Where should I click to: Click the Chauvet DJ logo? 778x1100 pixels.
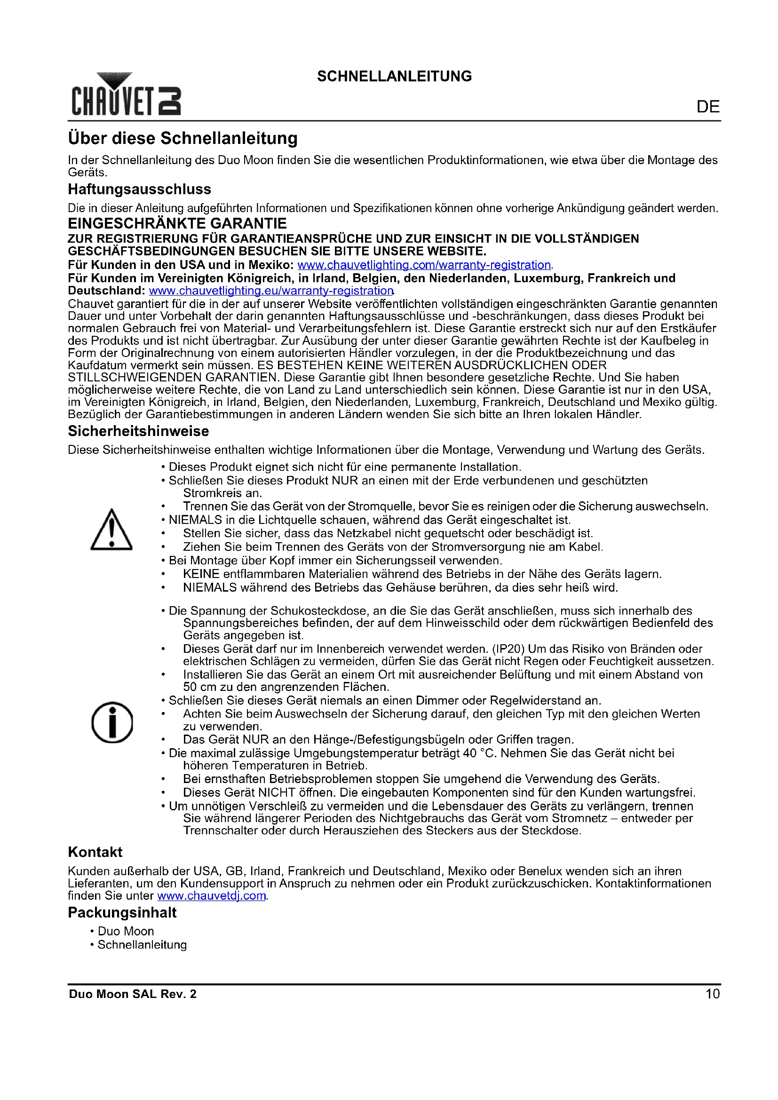click(127, 94)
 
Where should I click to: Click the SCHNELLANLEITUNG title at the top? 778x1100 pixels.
click(394, 76)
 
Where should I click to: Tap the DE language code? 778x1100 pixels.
click(707, 107)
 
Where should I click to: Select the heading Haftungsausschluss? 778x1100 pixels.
click(139, 189)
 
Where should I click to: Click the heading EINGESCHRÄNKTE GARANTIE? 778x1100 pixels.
click(177, 223)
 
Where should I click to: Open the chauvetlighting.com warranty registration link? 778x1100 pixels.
click(424, 265)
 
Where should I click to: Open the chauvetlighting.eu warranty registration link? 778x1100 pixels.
click(271, 290)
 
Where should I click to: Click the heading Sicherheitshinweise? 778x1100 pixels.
click(138, 431)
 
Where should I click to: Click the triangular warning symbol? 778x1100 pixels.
click(111, 530)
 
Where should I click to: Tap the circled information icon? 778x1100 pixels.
click(112, 722)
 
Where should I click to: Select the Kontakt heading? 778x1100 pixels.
click(95, 852)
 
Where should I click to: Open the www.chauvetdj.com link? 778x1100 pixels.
click(212, 896)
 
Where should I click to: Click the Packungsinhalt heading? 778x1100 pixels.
click(122, 913)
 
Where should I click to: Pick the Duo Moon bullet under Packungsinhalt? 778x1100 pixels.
click(126, 931)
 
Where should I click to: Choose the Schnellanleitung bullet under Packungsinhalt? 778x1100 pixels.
click(142, 945)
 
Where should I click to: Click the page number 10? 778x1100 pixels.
click(712, 994)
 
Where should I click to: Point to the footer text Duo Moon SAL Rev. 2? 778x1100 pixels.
click(133, 994)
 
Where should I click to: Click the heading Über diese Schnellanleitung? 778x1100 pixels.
click(183, 138)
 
